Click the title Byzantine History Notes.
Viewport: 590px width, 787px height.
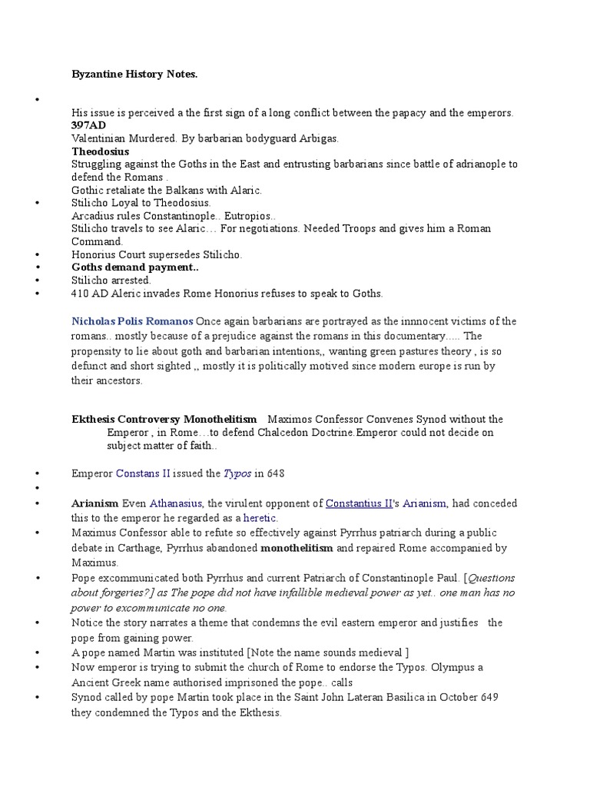(134, 74)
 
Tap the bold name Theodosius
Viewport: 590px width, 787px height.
(100, 151)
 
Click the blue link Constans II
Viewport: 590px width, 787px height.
(143, 473)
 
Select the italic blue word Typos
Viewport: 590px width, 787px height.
(237, 473)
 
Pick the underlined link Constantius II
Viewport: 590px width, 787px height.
(359, 504)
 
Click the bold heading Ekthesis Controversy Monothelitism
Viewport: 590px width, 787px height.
(164, 420)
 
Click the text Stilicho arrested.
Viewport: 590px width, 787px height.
(111, 281)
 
